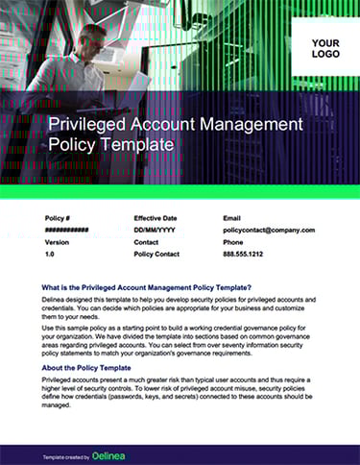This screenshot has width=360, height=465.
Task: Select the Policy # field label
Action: [59, 218]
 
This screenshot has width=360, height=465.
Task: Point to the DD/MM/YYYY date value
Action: [155, 231]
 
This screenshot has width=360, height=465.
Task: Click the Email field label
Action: [232, 218]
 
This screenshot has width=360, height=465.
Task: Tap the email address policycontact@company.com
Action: [268, 231]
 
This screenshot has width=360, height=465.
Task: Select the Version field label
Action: [58, 243]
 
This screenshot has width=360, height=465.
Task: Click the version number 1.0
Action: [50, 256]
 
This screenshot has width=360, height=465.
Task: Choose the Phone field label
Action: [233, 243]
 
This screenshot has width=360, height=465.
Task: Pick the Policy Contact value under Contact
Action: [156, 256]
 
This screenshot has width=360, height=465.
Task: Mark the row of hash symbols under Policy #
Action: [67, 231]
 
